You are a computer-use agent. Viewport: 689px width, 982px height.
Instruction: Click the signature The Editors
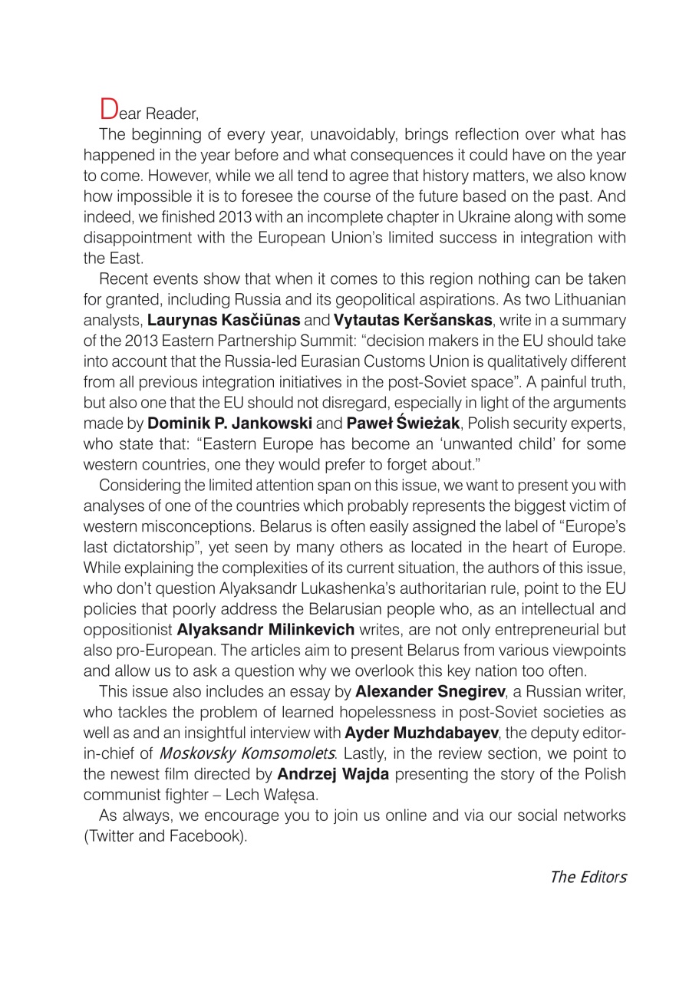point(588,877)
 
